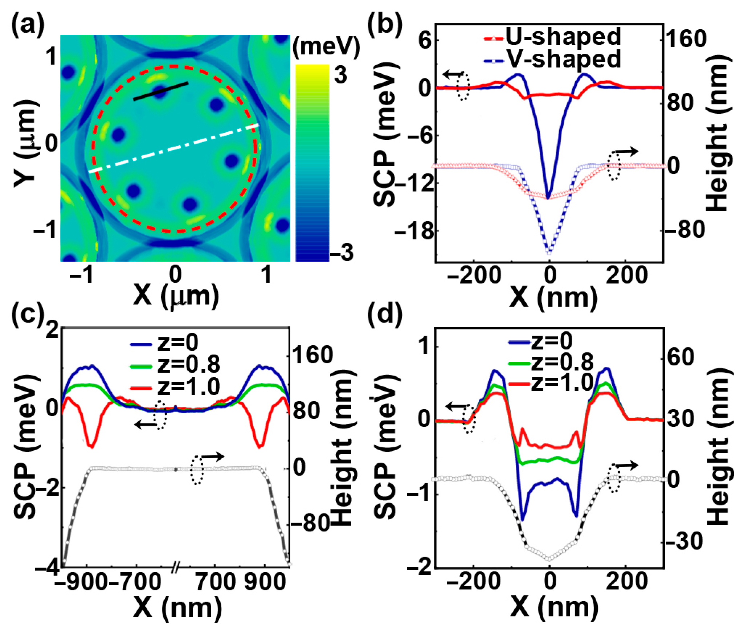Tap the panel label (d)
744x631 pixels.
tap(385, 313)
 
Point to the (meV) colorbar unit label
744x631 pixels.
tap(326, 47)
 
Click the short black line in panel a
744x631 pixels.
tap(161, 91)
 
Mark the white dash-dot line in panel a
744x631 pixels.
tap(174, 148)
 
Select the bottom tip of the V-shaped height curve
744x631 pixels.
tap(549, 252)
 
